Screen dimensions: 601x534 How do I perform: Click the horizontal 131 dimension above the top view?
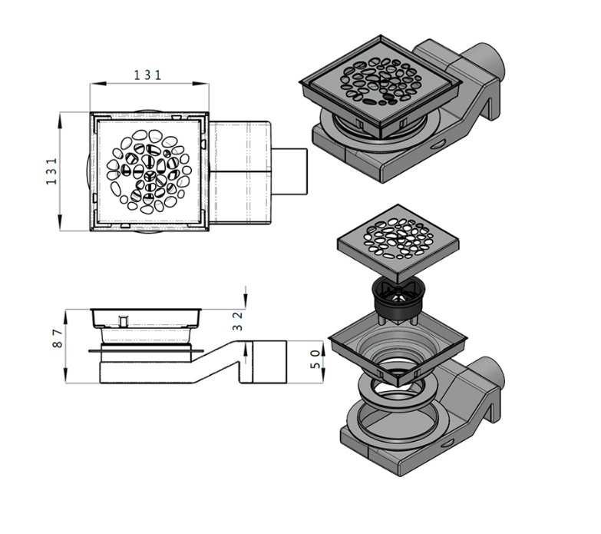148,75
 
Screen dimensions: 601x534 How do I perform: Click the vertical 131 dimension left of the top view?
51,171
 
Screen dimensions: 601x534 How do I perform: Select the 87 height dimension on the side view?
57,338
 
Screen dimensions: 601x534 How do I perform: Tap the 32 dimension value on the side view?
238,321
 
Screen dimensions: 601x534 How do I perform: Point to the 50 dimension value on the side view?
315,359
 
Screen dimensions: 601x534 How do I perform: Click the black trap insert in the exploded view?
398,302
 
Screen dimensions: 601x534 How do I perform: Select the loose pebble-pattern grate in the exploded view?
398,244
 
